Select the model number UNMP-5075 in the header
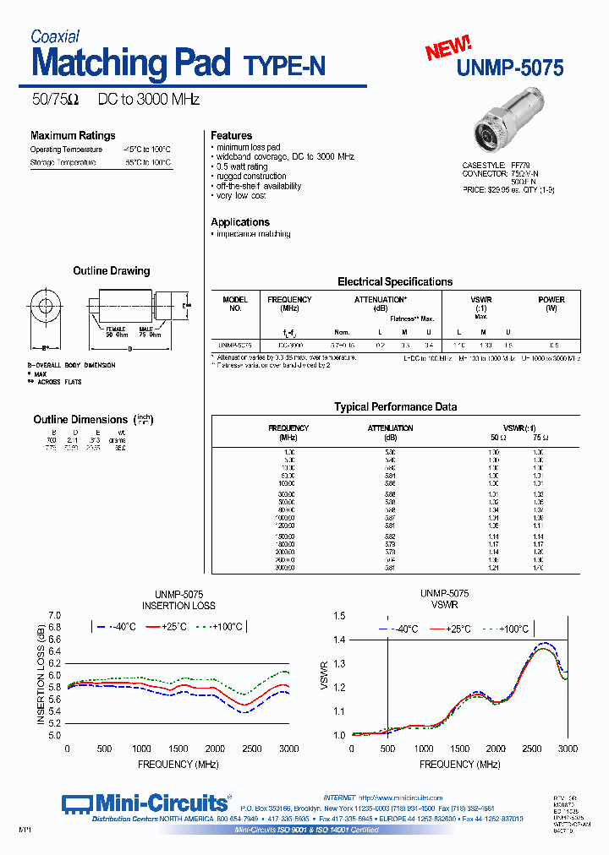(x=510, y=68)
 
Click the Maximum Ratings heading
(x=73, y=135)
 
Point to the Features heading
(x=231, y=135)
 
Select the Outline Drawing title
(x=111, y=271)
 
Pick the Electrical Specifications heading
(x=394, y=282)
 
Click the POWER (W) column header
(x=551, y=303)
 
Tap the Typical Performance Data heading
(x=395, y=406)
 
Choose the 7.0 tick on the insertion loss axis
(x=55, y=615)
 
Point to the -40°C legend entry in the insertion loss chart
(x=117, y=627)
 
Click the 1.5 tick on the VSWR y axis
(x=339, y=616)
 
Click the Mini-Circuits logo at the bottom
(x=145, y=803)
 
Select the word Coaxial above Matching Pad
(x=55, y=36)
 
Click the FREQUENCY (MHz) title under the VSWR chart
(x=447, y=764)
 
